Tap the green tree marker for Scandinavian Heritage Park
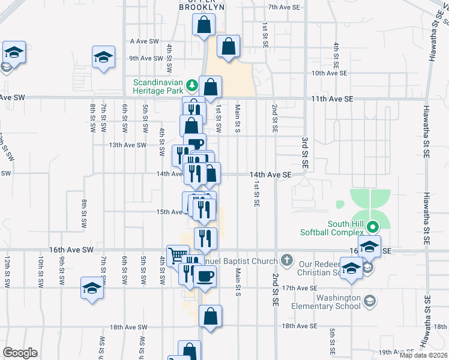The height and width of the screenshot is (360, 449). [x=191, y=83]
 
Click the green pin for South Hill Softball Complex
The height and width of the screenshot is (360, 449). [x=372, y=227]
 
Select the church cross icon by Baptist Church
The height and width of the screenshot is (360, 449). [x=287, y=260]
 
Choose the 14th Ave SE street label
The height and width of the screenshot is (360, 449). [x=271, y=175]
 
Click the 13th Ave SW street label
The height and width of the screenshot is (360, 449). [x=127, y=145]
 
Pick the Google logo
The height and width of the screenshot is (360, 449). [x=20, y=353]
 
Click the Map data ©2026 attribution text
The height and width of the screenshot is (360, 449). [x=424, y=355]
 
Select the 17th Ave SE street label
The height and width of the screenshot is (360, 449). [x=298, y=288]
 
